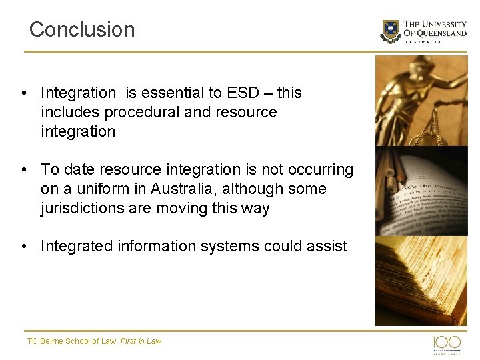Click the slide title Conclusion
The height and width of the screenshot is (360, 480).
[x=82, y=29]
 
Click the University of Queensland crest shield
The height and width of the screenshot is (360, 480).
[x=391, y=31]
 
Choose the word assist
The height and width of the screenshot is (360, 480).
[x=328, y=246]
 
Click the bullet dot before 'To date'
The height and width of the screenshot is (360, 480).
[x=24, y=169]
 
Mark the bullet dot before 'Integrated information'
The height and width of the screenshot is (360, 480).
[x=24, y=246]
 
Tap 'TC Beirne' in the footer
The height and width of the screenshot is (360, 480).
[x=43, y=341]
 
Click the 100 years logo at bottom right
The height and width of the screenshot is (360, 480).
[x=446, y=343]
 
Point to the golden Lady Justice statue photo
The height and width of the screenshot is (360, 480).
[x=421, y=100]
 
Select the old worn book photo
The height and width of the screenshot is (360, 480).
[x=421, y=280]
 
